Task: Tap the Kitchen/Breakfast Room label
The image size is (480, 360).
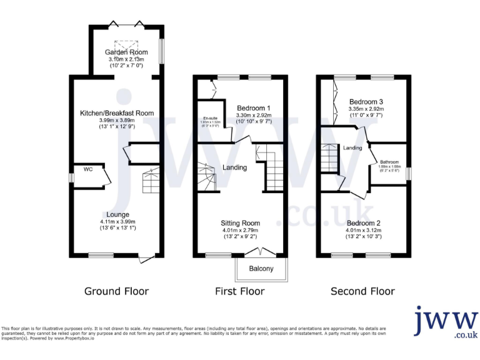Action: tap(117, 113)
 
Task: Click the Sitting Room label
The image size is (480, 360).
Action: tap(241, 222)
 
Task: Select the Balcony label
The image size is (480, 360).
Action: tap(261, 269)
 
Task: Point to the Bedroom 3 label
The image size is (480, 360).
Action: tap(366, 102)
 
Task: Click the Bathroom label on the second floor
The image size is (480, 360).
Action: tap(389, 162)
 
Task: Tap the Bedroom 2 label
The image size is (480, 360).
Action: tap(364, 223)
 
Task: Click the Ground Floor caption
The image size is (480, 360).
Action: tap(117, 291)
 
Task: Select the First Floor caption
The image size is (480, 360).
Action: tap(240, 291)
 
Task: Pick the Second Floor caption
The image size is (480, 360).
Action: tap(362, 291)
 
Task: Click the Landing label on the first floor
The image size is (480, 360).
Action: tap(234, 167)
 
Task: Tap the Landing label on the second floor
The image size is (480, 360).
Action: tap(353, 147)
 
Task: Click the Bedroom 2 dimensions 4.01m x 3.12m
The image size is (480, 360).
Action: tap(364, 230)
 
